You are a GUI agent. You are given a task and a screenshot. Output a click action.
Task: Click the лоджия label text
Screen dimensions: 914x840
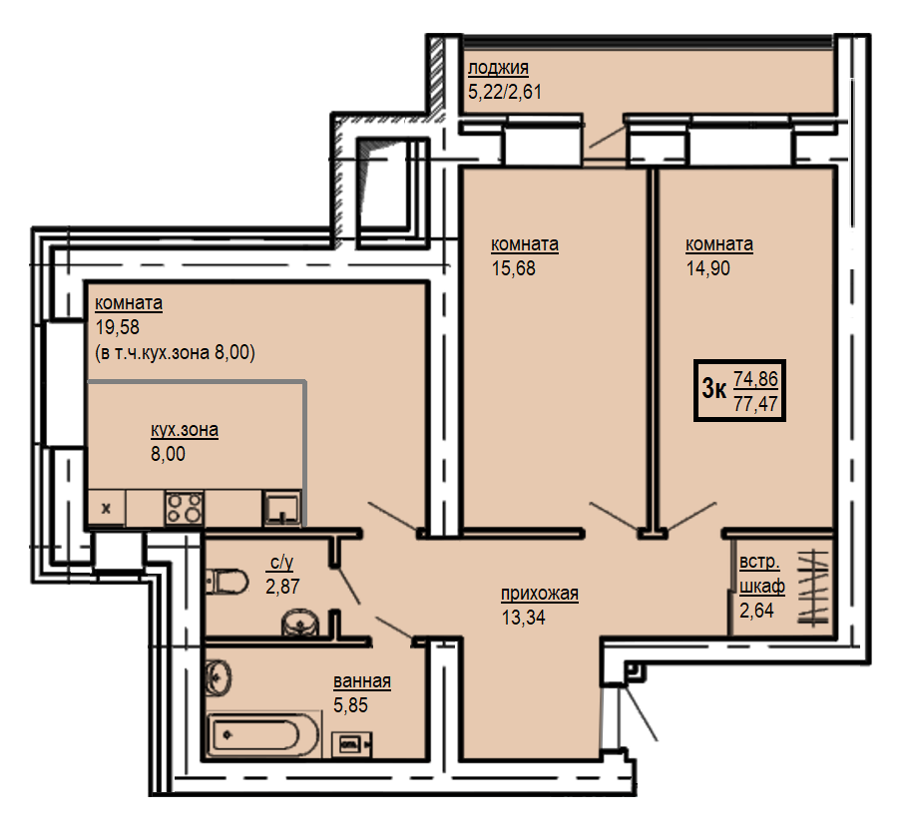pos(498,68)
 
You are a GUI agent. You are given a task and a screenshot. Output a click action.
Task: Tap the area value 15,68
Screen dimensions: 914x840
pos(514,268)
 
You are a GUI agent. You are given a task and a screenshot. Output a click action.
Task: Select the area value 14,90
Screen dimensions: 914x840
pos(708,268)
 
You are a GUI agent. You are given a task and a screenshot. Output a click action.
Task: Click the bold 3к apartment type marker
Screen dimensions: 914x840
pos(714,388)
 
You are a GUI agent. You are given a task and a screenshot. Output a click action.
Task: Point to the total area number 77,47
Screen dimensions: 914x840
pos(756,403)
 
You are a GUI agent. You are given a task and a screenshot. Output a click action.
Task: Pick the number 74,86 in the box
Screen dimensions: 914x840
pos(756,379)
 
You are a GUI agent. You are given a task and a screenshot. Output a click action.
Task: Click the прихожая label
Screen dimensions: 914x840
pos(540,594)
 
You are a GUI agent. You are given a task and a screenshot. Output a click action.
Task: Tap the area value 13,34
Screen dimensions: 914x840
pos(524,618)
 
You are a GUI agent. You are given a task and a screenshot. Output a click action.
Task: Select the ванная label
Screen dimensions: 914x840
pos(362,680)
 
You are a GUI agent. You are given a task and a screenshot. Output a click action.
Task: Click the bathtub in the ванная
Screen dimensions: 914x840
pos(263,734)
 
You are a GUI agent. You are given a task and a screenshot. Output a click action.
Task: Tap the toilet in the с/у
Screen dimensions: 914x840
pos(227,582)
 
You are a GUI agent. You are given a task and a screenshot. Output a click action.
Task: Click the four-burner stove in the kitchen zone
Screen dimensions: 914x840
pos(185,509)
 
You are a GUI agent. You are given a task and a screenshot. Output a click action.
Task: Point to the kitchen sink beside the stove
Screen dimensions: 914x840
pos(282,509)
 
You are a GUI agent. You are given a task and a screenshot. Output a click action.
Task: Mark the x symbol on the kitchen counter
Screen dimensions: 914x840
pos(106,509)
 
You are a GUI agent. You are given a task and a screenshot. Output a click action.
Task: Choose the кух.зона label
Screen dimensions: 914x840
pos(185,430)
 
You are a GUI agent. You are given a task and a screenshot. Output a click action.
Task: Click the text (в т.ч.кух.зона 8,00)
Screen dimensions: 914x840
pos(175,353)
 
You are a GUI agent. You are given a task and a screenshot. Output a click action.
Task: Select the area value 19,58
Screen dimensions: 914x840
pos(118,327)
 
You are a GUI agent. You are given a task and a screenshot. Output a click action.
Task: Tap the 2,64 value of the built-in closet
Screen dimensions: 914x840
pos(756,611)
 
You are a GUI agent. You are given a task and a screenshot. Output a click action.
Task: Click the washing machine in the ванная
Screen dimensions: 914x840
pos(352,744)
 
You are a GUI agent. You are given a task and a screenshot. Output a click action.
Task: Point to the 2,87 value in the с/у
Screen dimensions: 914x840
pos(282,586)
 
